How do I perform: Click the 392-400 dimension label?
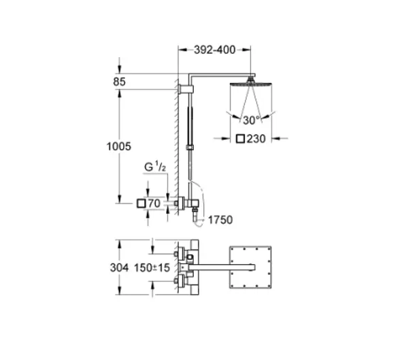pos(214,50)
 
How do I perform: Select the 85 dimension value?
pos(120,82)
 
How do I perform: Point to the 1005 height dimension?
pos(118,146)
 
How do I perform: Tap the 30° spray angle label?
pos(252,120)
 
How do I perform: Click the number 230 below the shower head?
pos(256,139)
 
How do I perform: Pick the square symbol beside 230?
pos(240,139)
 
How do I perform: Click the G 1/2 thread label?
pos(155,167)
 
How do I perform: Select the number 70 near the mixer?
pos(154,203)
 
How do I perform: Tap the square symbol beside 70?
pos(141,203)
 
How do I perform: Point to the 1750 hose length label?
pos(220,220)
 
